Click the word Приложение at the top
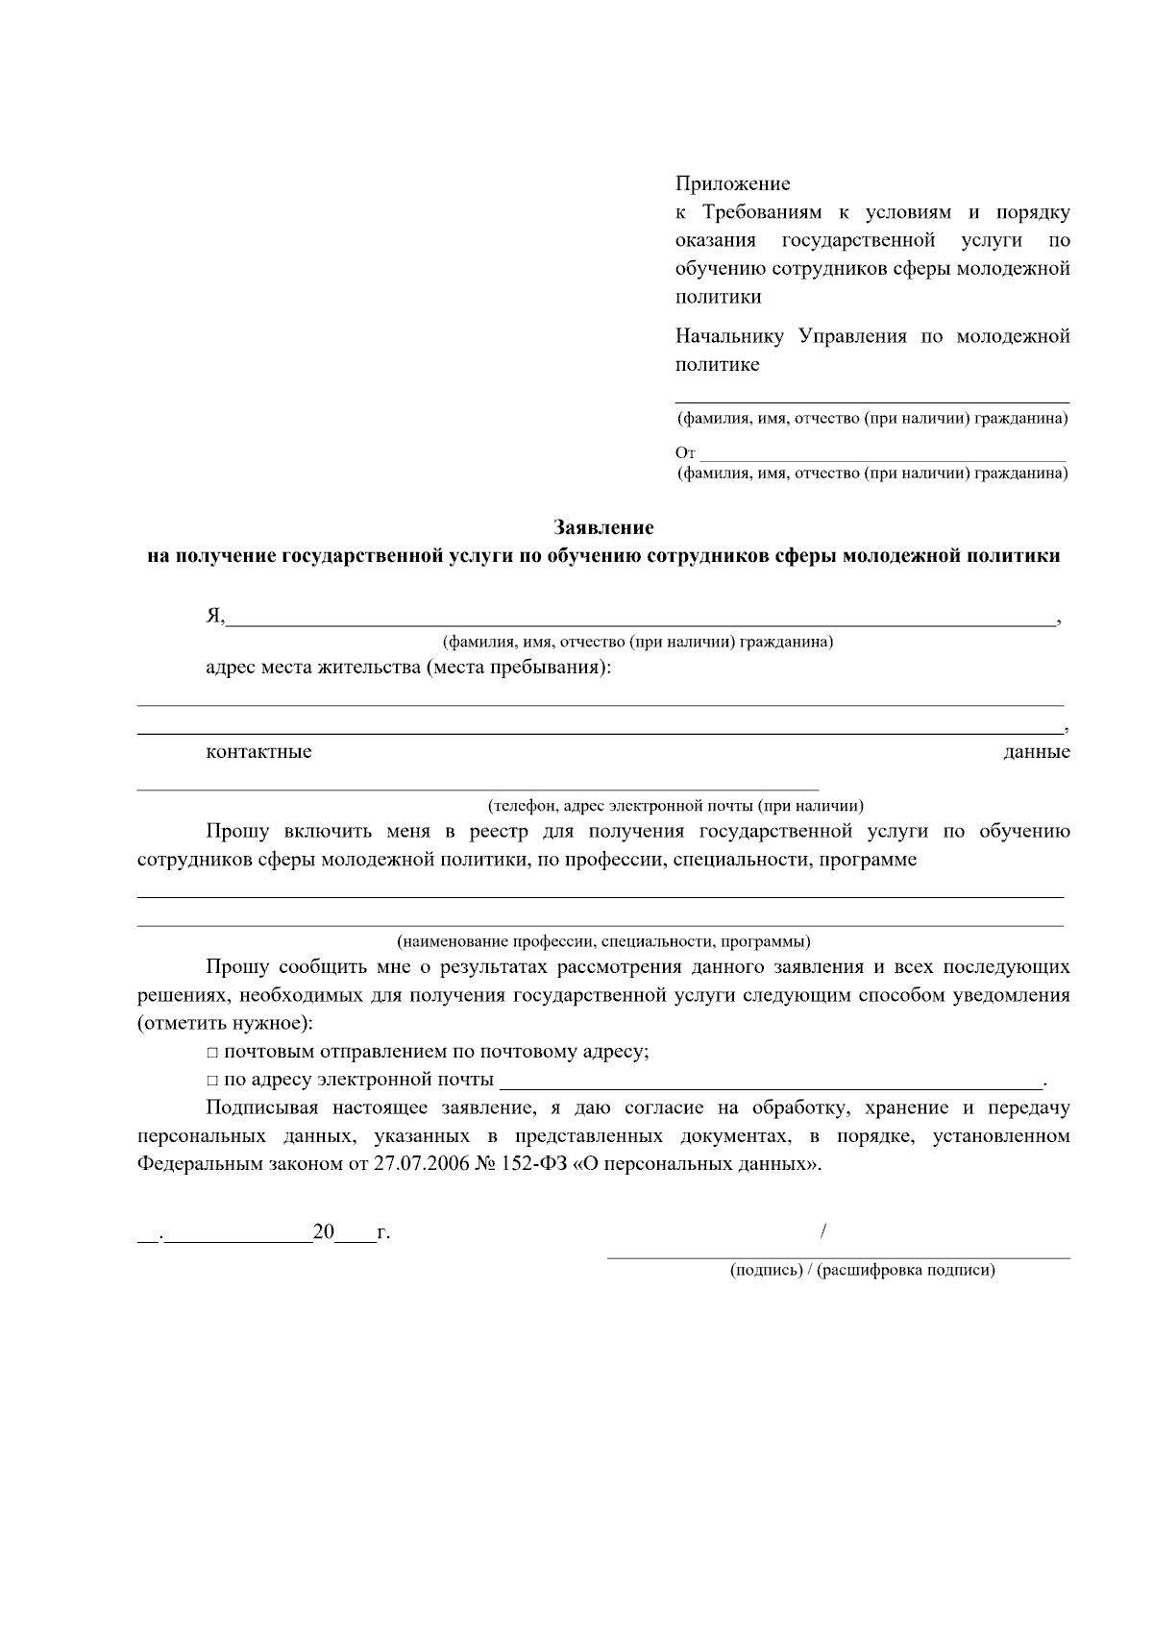click(732, 183)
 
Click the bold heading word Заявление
click(603, 527)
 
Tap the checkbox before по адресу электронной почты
click(212, 1081)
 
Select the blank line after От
click(882, 457)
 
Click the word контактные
click(258, 751)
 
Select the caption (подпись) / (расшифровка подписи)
click(862, 1270)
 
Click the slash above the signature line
click(825, 1230)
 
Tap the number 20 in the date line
click(323, 1232)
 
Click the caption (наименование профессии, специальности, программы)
click(603, 940)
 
